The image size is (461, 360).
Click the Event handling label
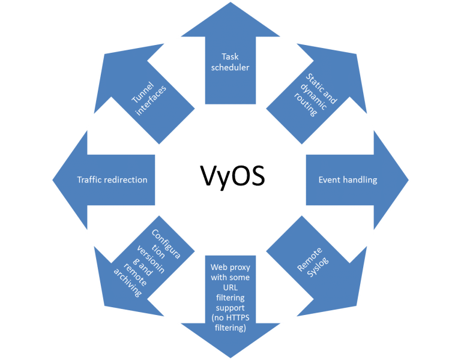(x=348, y=179)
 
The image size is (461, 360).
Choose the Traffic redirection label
(x=112, y=179)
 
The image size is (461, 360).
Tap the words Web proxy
(x=230, y=266)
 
